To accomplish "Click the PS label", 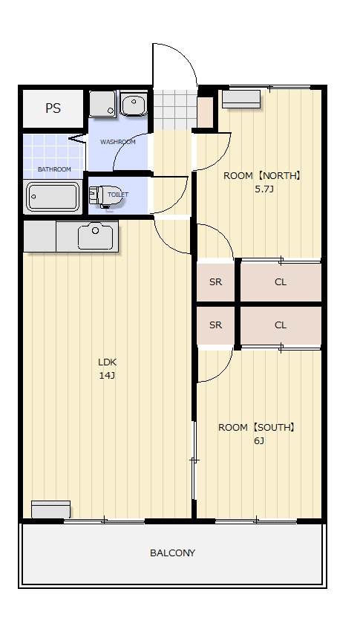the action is coord(53,108).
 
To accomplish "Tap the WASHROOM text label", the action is coord(117,142).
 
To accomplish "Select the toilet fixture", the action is coord(105,196).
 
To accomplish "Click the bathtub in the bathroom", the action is coord(53,197).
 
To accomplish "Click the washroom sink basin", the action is coord(134,105).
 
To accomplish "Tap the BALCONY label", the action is coord(172,553).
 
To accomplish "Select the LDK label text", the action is coord(107,362).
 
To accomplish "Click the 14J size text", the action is coord(107,376).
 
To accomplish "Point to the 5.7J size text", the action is coord(264,189).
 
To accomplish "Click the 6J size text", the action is coord(259,440).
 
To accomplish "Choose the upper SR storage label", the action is coord(215,282).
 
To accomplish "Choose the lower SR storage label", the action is coord(215,325).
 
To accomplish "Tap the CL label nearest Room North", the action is coord(281,282).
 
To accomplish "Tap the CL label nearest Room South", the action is coord(281,325).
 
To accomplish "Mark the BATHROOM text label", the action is coord(54,169).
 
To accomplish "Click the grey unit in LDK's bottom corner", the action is coord(50,509).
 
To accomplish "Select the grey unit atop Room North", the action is coord(241,100).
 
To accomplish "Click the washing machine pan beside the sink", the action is coord(102,104).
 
